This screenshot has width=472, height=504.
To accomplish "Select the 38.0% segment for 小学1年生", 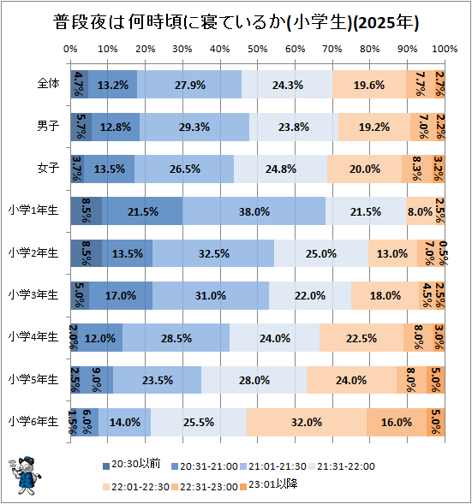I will tap(254, 210).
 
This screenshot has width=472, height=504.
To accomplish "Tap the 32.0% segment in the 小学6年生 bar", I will tap(306, 421).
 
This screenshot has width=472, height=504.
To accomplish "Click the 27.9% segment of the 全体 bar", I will tap(189, 85).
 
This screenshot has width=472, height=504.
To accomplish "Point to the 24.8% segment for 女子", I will tap(280, 169).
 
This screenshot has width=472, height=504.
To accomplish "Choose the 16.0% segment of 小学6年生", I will tap(397, 421).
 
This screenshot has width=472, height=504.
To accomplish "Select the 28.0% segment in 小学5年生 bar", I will tap(254, 379).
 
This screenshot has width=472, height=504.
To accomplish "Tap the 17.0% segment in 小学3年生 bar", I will tap(120, 295).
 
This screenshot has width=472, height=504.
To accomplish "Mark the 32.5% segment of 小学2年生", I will tap(213, 252).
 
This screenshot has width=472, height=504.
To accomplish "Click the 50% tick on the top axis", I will tap(258, 49).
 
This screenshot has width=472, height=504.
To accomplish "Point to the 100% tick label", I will tap(443, 49).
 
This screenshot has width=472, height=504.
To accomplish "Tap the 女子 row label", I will tap(47, 169).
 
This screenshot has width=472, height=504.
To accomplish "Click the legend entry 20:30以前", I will tap(137, 465).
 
